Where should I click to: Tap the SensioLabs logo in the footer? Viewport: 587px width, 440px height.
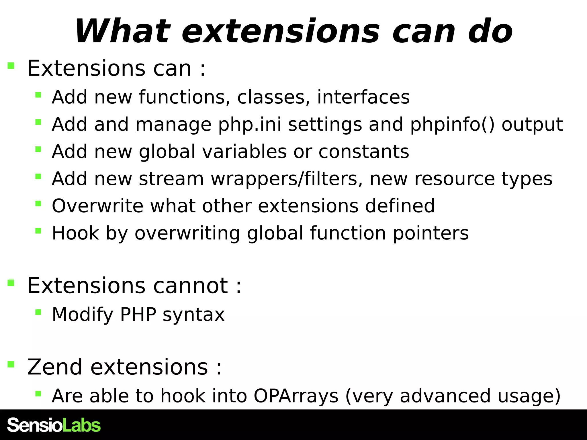coord(54,425)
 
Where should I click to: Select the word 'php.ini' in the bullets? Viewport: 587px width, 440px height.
coord(250,125)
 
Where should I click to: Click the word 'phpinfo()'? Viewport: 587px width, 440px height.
coord(452,125)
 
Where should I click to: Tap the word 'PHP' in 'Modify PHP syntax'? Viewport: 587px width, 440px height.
coord(138,315)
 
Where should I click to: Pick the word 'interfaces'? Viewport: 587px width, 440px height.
coord(363,97)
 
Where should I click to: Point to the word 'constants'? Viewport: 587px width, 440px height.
coord(364,152)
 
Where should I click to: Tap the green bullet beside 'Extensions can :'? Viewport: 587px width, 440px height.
coord(11,66)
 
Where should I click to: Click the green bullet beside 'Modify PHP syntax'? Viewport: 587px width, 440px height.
coord(38,312)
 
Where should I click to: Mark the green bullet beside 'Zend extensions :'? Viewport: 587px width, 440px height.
coord(11,364)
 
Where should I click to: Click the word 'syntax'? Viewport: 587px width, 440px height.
coord(193,315)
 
